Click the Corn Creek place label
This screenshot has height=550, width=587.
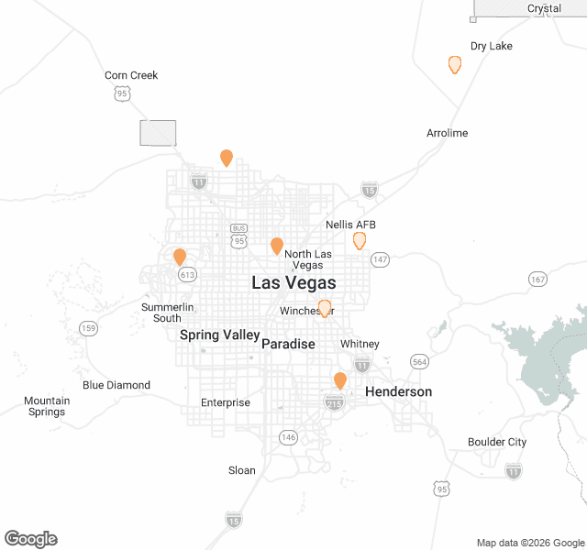coord(131,75)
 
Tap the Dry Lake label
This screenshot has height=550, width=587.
coord(491,46)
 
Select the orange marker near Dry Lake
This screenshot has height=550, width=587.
coord(454,64)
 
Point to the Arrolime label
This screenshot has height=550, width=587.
coord(447,133)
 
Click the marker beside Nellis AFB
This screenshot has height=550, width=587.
coord(360,240)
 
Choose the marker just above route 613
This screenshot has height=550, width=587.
coord(180,257)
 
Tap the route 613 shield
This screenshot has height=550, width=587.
coord(188,274)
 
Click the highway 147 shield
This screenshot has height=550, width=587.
coord(381,259)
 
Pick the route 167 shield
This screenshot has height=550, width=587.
coord(537,279)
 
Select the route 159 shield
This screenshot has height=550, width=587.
coord(89,328)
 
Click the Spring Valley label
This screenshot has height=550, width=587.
coord(219,335)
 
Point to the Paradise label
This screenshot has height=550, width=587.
coord(288,344)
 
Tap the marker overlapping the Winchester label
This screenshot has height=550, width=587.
coord(324,308)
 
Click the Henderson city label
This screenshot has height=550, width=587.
coord(398,391)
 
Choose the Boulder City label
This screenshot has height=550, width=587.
coord(497,442)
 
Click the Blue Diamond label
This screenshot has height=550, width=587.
coord(116,385)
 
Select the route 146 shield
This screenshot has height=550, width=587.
coord(289,437)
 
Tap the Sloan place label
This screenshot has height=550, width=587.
coord(242,470)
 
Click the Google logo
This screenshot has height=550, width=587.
coord(30,539)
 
